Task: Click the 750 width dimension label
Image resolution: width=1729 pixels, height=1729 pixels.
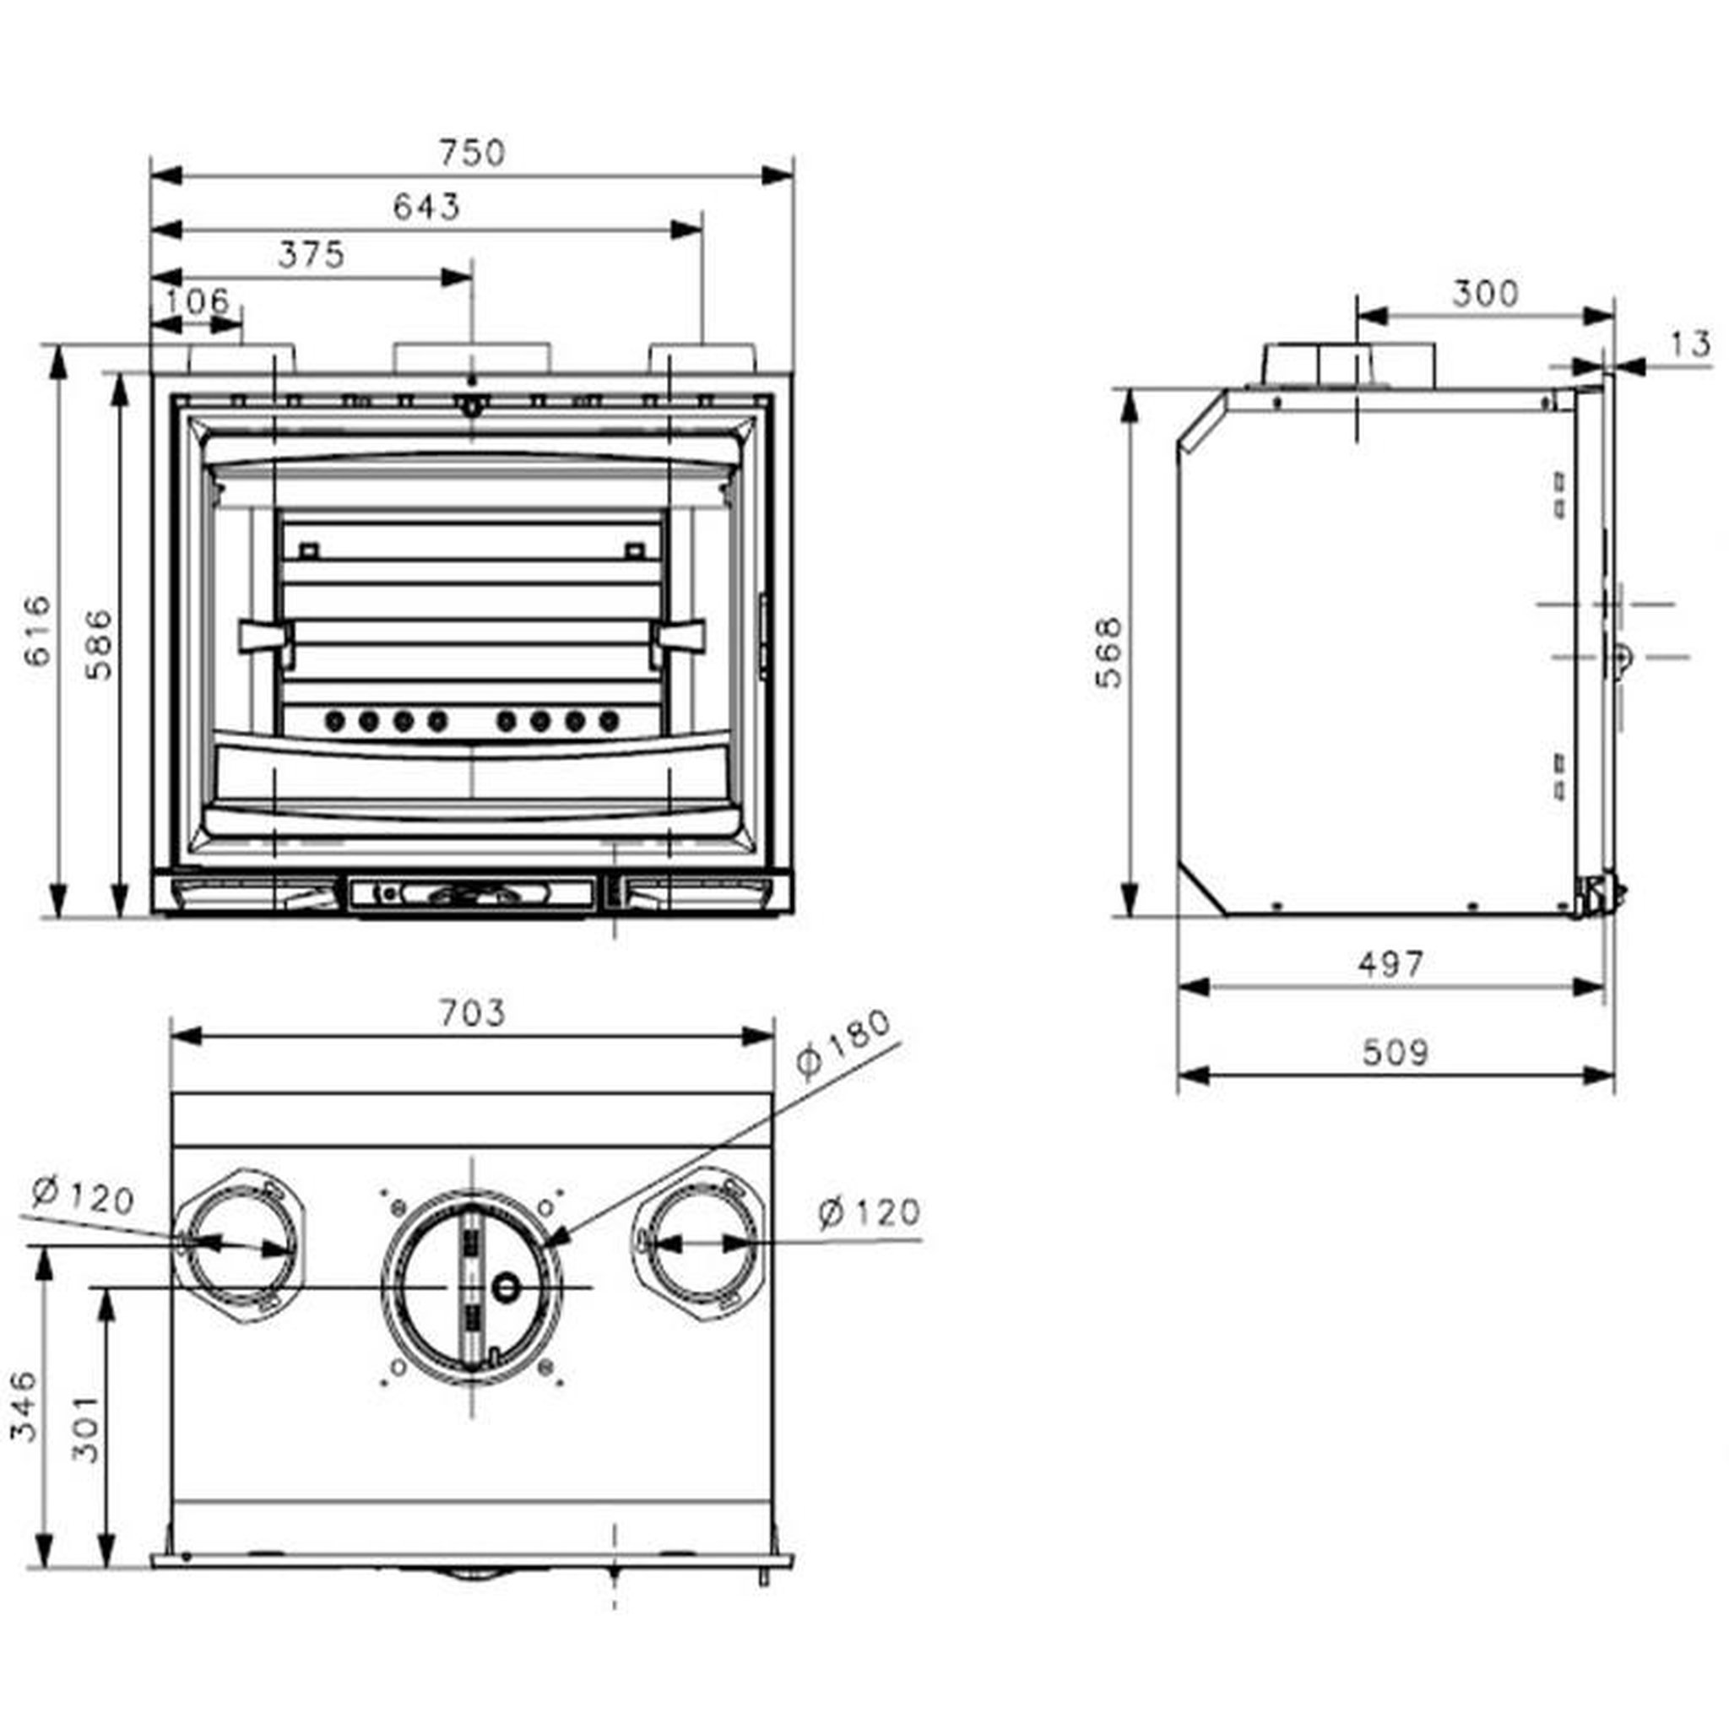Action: pyautogui.click(x=472, y=153)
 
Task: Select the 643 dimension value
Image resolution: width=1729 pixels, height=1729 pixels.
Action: pyautogui.click(x=426, y=207)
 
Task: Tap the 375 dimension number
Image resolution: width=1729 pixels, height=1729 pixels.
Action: pyautogui.click(x=311, y=255)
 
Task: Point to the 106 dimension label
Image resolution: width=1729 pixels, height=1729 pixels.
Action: pyautogui.click(x=196, y=301)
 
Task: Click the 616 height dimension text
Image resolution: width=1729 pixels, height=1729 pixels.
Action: pyautogui.click(x=39, y=631)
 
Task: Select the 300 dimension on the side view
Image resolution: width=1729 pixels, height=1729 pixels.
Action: pyautogui.click(x=1485, y=293)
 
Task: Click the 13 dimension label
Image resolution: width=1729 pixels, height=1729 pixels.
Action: pyautogui.click(x=1689, y=344)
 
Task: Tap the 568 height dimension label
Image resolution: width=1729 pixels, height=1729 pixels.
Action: pyautogui.click(x=1107, y=653)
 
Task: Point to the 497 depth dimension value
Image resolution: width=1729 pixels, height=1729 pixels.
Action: pyautogui.click(x=1390, y=964)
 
